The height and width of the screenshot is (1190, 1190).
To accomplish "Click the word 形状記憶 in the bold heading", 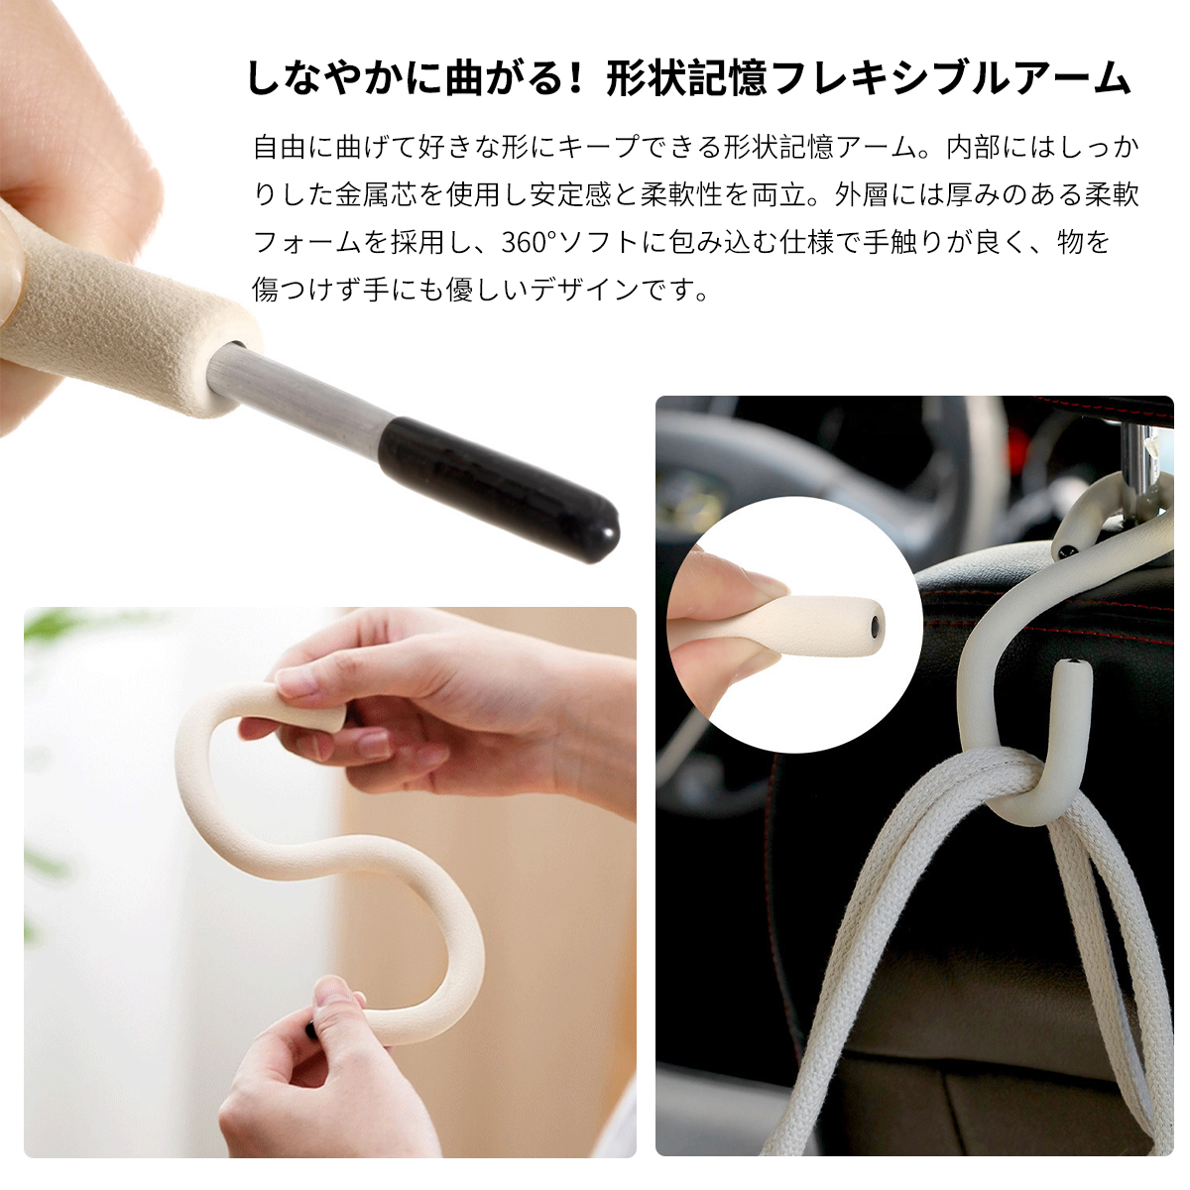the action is click(x=687, y=79).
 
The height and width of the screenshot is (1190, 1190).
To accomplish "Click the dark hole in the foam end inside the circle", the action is click(x=875, y=628).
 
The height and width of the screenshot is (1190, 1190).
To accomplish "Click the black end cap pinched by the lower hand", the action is click(x=310, y=1028).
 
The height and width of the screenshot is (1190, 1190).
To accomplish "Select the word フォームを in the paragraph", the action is click(x=321, y=241).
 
